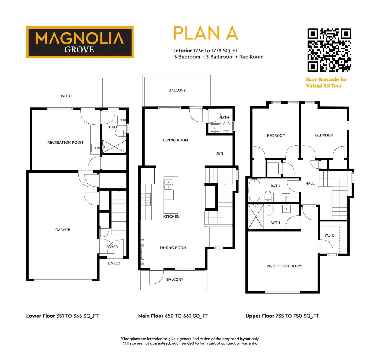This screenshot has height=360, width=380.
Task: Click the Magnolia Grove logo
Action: [80, 42]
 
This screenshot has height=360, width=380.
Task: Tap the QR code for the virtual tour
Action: [329, 50]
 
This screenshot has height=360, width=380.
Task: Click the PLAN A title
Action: [205, 33]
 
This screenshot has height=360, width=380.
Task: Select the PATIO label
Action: [66, 96]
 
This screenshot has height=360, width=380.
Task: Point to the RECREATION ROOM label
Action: [65, 142]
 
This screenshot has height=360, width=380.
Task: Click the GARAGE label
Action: [63, 230]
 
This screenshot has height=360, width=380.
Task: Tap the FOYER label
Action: [112, 247]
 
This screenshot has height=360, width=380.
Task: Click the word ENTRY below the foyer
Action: [114, 263]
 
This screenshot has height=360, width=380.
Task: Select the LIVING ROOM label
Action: [175, 140]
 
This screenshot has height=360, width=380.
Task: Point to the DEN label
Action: [219, 154]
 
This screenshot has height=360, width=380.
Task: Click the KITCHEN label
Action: [171, 217]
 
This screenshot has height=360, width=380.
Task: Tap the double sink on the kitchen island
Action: [168, 184]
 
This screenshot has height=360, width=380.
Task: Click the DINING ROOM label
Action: [173, 248]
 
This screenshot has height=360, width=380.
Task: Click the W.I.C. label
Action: [330, 235]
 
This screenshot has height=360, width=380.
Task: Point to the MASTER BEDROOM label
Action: [284, 266]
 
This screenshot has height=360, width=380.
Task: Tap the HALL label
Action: [310, 184]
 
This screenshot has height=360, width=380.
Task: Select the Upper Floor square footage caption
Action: [282, 316]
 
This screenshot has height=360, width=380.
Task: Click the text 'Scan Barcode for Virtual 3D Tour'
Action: [327, 82]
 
